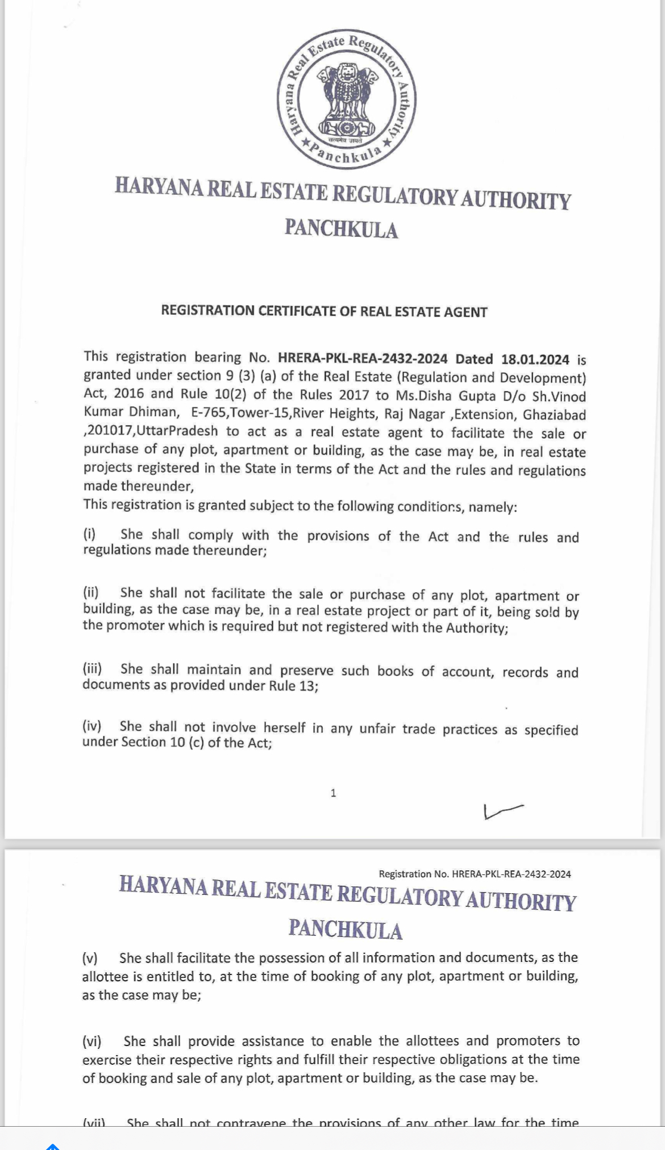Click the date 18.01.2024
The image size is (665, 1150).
click(x=535, y=359)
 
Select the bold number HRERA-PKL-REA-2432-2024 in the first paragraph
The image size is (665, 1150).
click(x=363, y=359)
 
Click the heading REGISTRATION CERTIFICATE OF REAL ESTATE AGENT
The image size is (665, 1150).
click(x=324, y=311)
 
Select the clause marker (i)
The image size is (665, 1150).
click(x=89, y=534)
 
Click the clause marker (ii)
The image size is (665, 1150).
click(x=91, y=593)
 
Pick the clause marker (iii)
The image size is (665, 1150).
click(x=92, y=669)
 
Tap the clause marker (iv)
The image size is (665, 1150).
click(x=92, y=726)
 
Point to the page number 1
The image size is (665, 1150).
click(x=333, y=793)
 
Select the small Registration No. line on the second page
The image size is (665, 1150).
click(x=475, y=874)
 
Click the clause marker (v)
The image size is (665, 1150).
click(x=90, y=958)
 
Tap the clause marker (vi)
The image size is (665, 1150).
click(x=92, y=1041)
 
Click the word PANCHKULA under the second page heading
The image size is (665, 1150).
click(x=345, y=930)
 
